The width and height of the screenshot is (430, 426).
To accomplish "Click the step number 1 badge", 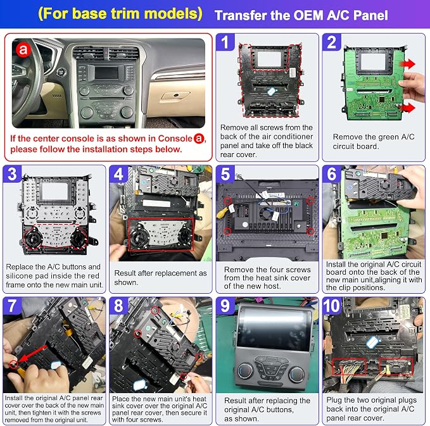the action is (225, 42).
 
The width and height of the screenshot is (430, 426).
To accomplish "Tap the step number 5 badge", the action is (225, 174).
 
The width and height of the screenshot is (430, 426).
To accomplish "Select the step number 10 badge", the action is (332, 305).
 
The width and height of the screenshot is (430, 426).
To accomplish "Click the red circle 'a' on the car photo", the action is (23, 49).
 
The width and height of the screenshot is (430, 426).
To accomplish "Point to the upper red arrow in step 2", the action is (407, 65).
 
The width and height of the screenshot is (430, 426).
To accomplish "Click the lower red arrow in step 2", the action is (407, 107).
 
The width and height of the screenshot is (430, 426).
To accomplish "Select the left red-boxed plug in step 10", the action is (349, 366).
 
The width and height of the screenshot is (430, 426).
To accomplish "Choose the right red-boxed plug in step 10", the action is (396, 366).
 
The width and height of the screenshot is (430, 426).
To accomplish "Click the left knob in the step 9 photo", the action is (246, 370).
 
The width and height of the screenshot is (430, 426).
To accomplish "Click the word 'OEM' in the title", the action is (308, 15).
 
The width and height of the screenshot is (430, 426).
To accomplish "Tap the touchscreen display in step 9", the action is (274, 329).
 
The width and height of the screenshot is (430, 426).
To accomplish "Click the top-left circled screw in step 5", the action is (227, 201).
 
